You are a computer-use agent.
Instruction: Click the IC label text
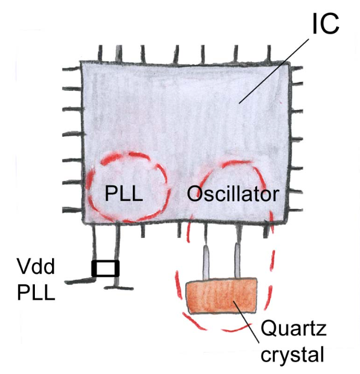(326, 23)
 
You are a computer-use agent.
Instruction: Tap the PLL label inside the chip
(124, 194)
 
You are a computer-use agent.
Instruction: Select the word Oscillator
(233, 194)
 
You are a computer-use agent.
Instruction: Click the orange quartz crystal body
(222, 297)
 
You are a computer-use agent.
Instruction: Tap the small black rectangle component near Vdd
(105, 268)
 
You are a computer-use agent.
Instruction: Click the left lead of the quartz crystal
(206, 263)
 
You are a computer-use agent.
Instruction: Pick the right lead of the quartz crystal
(238, 263)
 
